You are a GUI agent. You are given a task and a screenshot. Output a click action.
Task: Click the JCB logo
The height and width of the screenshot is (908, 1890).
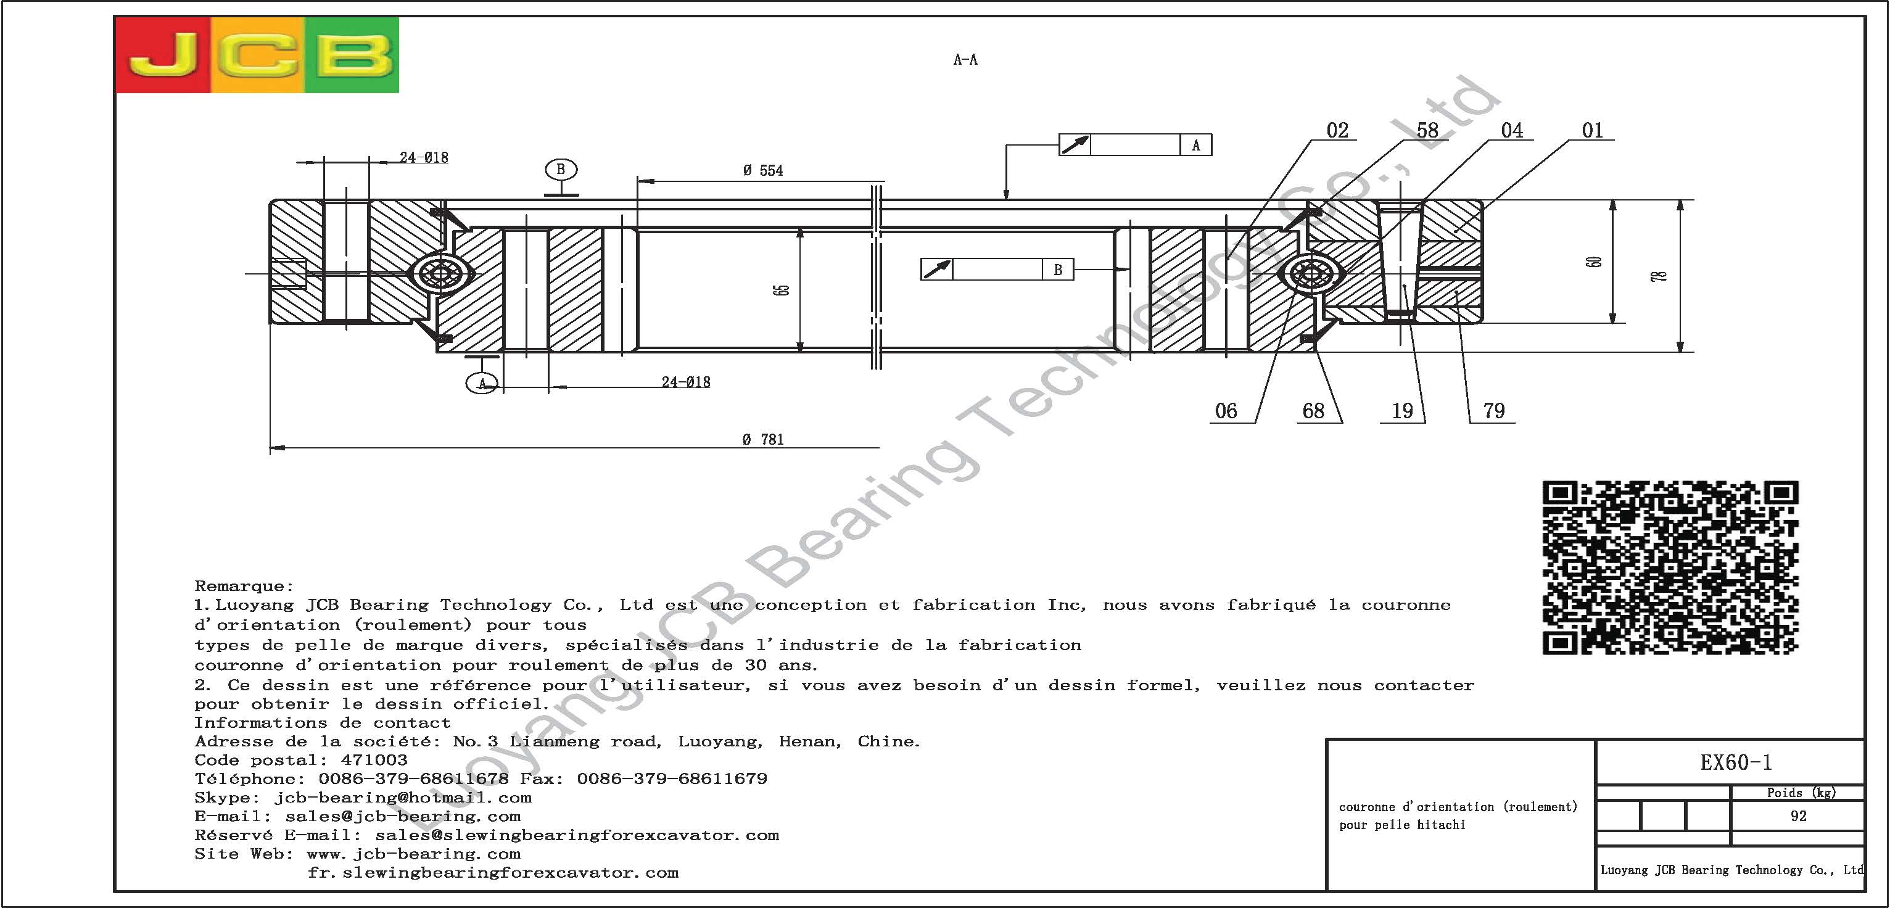[x=257, y=55]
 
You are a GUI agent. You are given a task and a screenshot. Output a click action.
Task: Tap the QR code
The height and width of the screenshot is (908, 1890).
[x=1670, y=567]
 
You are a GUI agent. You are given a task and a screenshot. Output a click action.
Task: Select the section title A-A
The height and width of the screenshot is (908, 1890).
[x=965, y=60]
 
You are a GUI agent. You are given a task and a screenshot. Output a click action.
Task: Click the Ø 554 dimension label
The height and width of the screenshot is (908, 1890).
[x=762, y=171]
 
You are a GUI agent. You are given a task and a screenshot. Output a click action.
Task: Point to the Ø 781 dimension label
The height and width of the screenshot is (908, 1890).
[x=762, y=440]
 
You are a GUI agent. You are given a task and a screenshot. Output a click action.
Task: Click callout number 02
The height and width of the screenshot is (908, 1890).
[x=1337, y=131]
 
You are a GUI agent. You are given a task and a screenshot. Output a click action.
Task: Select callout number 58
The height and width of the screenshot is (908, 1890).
[x=1427, y=131]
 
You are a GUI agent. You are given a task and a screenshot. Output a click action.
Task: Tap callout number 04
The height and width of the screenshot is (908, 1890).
[x=1511, y=131]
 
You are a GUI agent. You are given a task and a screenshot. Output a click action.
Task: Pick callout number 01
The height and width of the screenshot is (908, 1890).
[x=1592, y=131]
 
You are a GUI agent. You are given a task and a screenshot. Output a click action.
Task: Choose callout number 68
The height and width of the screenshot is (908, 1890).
[x=1313, y=411]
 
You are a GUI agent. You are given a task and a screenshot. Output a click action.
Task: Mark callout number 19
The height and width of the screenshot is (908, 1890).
[x=1402, y=411]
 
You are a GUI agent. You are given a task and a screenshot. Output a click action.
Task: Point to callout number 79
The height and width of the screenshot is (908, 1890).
[x=1494, y=411]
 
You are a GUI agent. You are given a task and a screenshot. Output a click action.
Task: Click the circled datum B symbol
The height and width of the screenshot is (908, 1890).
[x=561, y=170]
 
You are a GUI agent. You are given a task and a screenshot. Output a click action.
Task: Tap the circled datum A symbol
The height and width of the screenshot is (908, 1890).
[x=482, y=383]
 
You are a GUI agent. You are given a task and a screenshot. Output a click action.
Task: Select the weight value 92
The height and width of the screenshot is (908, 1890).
[x=1798, y=816]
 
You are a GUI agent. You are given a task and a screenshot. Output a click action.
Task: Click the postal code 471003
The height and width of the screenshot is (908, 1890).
[x=374, y=761]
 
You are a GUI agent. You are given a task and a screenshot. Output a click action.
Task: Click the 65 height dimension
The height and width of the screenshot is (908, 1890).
[x=783, y=290]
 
